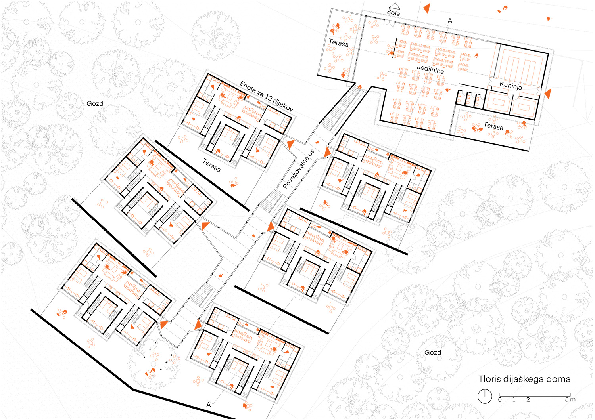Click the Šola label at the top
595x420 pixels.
[393, 12]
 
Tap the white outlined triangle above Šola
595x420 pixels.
[394, 6]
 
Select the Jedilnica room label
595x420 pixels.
[430, 69]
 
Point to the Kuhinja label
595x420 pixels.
[511, 86]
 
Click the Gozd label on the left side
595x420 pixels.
[95, 103]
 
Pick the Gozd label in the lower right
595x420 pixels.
[433, 352]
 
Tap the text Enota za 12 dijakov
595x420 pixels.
[267, 96]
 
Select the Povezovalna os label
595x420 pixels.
[299, 169]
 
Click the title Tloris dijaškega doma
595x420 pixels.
[524, 379]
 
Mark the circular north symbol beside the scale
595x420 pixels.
[485, 396]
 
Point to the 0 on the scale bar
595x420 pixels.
[500, 399]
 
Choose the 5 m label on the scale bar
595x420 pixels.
[570, 399]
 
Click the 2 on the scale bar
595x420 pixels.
[528, 399]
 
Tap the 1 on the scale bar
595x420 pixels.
[514, 399]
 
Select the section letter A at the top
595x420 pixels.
[450, 21]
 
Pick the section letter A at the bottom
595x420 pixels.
[209, 405]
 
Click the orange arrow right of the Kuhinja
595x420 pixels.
[548, 94]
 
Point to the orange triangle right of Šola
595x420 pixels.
[427, 8]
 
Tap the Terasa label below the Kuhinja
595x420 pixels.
[493, 126]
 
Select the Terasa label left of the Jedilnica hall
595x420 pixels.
[338, 42]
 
